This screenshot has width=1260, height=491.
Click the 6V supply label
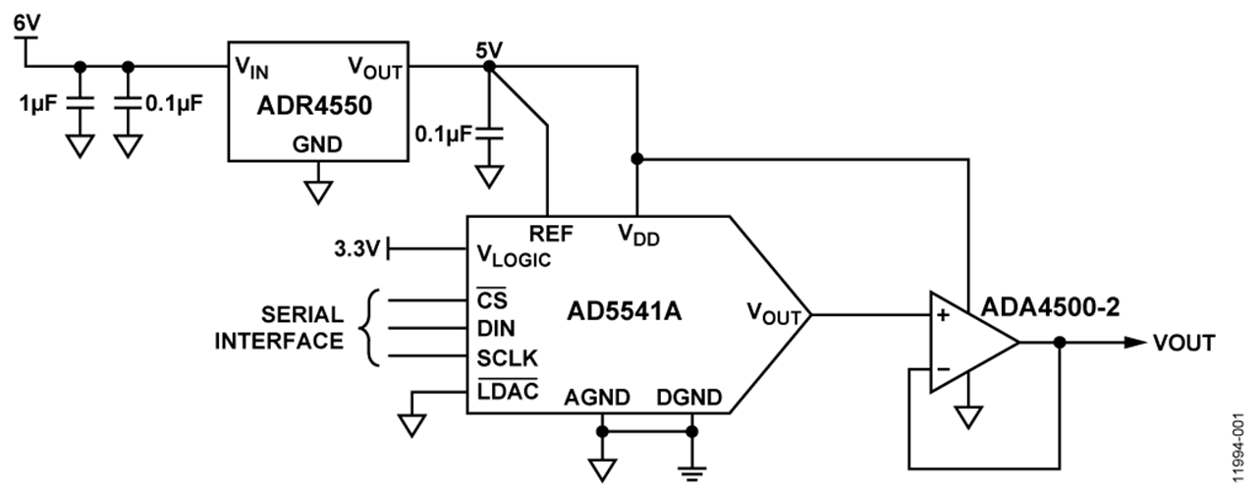[27, 19]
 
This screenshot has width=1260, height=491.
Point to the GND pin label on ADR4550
[318, 144]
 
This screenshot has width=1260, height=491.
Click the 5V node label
[488, 48]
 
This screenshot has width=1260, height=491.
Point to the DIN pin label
[495, 326]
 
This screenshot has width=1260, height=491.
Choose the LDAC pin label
[502, 392]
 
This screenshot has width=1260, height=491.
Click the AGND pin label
[597, 399]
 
